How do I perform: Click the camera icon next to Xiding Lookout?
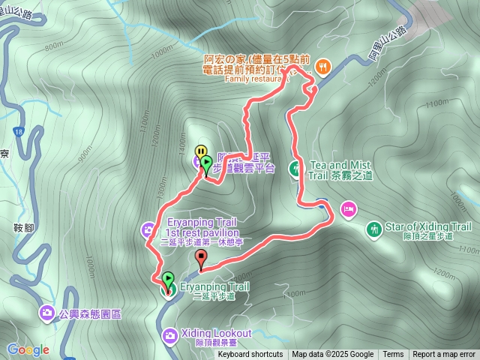[x=170, y=334]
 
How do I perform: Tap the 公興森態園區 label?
[x=90, y=312]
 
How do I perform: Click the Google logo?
[x=28, y=349]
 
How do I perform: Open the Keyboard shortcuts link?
[x=250, y=355]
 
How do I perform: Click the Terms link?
[x=393, y=355]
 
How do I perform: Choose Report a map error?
[x=444, y=355]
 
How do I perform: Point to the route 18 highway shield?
[x=17, y=132]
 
